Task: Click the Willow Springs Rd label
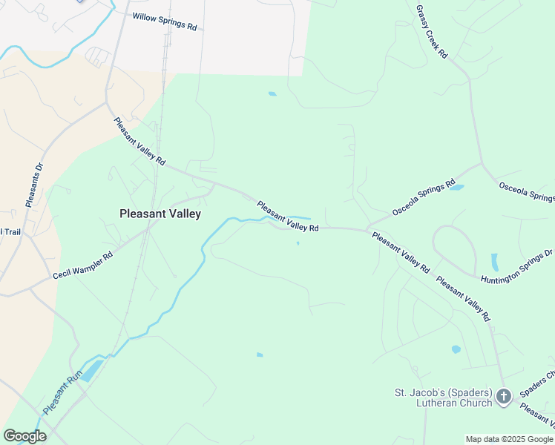click(x=165, y=21)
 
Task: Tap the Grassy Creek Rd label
click(x=432, y=31)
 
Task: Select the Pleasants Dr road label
click(x=34, y=185)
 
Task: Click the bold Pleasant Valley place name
click(x=160, y=214)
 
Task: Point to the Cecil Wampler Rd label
click(x=82, y=265)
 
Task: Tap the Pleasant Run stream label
click(x=61, y=394)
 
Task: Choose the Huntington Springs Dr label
click(x=516, y=266)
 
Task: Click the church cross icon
click(x=504, y=397)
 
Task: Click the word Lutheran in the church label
click(x=425, y=403)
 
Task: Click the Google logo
click(x=24, y=436)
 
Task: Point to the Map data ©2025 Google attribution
click(x=509, y=439)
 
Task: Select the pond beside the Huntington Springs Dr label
click(x=495, y=263)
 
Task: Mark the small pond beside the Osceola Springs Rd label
click(x=456, y=188)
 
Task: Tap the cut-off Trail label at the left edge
click(x=10, y=231)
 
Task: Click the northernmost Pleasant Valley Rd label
click(x=139, y=141)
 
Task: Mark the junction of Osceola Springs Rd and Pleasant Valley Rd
click(x=367, y=229)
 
